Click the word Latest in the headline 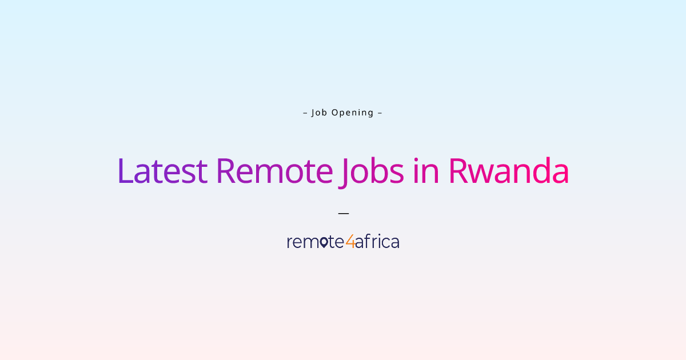click(x=162, y=171)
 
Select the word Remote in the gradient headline click(x=275, y=171)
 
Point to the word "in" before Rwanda click(x=426, y=171)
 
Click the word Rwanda click(x=509, y=171)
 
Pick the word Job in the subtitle click(x=320, y=113)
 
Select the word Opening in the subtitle click(x=353, y=113)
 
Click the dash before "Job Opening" click(x=305, y=113)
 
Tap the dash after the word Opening click(x=380, y=113)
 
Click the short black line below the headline click(x=344, y=213)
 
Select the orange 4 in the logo click(x=350, y=241)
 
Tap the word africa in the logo click(x=377, y=241)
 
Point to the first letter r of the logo click(x=290, y=242)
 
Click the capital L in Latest click(x=125, y=171)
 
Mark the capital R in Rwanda click(x=458, y=171)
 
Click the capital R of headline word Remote click(x=226, y=171)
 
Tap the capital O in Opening click(x=336, y=113)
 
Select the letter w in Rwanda click(x=481, y=174)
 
